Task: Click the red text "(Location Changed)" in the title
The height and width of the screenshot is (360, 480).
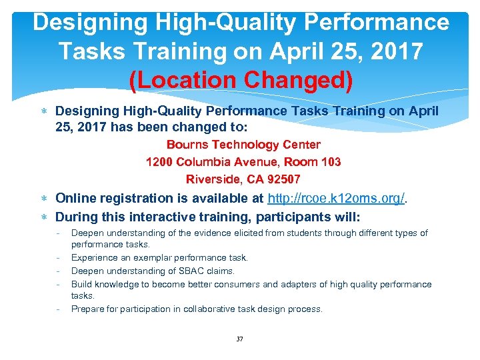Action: tap(241, 80)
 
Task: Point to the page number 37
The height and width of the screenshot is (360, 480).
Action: tap(240, 339)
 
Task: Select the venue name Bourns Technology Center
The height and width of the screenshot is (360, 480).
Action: tap(243, 145)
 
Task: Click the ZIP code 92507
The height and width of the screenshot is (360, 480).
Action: tap(283, 179)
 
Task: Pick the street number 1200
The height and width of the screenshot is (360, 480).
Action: tap(159, 162)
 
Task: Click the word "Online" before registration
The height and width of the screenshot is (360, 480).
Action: tap(75, 198)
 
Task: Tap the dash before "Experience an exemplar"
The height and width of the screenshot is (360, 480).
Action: tap(59, 257)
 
